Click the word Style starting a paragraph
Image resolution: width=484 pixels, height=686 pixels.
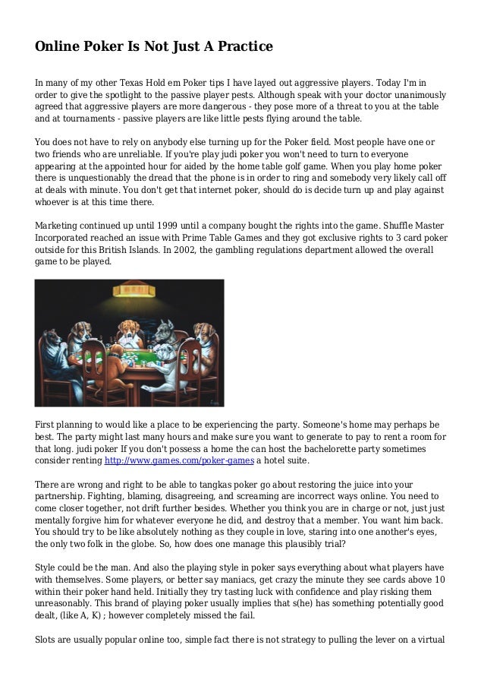click(x=47, y=567)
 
